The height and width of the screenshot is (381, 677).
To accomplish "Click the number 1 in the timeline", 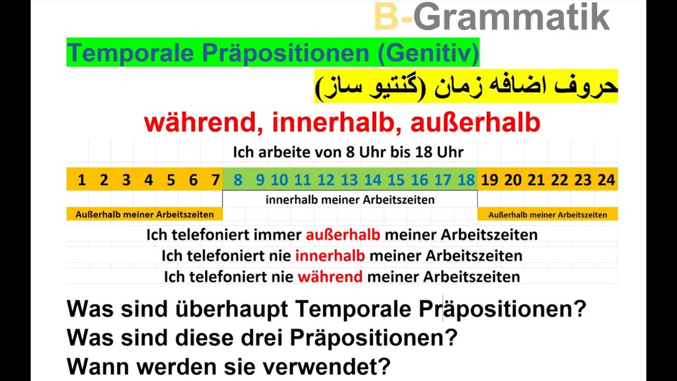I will tap(81, 180).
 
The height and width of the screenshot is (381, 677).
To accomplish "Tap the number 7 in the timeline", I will tap(215, 180).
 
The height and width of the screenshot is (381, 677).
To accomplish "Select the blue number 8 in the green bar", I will tap(238, 180).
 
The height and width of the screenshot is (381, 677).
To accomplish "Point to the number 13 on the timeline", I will tap(349, 180).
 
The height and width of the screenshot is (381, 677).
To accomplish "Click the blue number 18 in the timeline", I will tap(466, 180).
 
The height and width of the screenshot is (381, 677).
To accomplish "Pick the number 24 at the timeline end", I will tap(606, 180).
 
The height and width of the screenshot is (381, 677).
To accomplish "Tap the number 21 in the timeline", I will tap(536, 180).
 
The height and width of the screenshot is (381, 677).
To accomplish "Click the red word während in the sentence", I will tap(330, 277).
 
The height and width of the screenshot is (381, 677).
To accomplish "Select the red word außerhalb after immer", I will tap(343, 235).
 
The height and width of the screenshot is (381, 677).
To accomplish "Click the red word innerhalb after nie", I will tap(330, 256).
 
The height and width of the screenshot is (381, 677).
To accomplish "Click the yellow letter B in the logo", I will tap(386, 17).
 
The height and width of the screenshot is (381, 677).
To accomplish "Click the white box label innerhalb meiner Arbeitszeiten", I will tap(350, 200).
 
